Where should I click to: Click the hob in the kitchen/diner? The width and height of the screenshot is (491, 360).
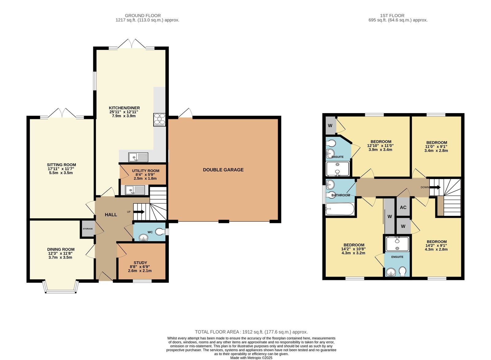point(160,120)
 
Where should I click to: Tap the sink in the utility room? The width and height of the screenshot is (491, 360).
point(135,190)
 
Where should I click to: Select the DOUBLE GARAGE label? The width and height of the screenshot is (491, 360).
point(223,170)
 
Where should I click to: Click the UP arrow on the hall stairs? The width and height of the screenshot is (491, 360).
point(139,212)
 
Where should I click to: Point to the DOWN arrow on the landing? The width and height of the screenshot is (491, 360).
point(435,187)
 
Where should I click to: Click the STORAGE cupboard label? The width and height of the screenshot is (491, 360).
point(88,229)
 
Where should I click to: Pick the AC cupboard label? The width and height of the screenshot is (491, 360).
point(403,207)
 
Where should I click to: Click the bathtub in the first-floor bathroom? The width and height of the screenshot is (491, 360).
point(340,209)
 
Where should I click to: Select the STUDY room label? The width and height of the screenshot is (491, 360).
point(140,262)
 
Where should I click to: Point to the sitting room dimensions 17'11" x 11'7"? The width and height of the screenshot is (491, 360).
point(61,169)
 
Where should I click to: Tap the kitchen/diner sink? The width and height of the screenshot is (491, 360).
point(138,157)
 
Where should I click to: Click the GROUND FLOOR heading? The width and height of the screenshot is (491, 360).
point(143,16)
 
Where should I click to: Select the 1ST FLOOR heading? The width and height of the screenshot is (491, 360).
point(392,16)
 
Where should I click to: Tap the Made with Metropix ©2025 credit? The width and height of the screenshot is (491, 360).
point(251,358)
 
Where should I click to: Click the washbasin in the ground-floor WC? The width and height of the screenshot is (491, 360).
point(143,237)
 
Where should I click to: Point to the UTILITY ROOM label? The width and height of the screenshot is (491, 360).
point(145,170)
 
